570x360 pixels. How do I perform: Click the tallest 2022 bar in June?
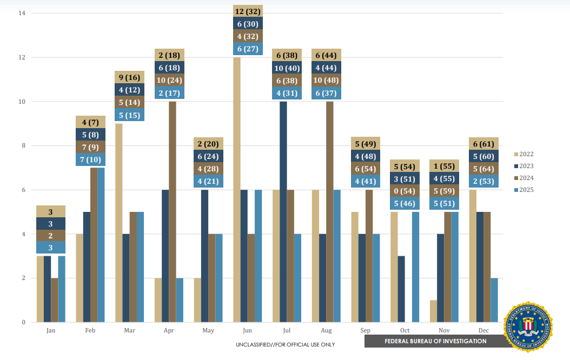237,189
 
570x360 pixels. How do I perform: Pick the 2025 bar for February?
101,245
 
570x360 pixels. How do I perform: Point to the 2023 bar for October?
401,289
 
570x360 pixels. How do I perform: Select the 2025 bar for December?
494,300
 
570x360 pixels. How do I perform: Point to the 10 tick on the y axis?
21,102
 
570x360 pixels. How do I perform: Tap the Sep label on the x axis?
365,330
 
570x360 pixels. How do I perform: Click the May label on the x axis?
208,330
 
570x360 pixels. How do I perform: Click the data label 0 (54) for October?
405,191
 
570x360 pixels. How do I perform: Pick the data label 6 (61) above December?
483,144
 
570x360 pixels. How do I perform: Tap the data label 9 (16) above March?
130,77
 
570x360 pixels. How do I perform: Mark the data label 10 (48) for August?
326,81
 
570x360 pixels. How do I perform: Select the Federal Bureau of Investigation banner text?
435,341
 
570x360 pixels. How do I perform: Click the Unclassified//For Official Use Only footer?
285,344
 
